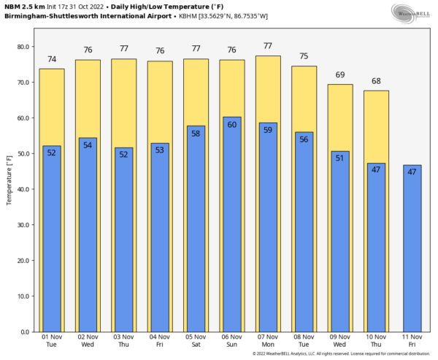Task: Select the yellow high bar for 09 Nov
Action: click(x=339, y=117)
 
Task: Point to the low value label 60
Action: click(x=232, y=125)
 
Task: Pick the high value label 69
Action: click(x=339, y=75)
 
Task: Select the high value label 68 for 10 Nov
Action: click(x=376, y=81)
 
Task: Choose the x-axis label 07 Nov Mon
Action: click(x=269, y=340)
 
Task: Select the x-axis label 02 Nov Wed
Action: click(x=88, y=340)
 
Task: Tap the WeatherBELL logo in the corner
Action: click(x=412, y=12)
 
